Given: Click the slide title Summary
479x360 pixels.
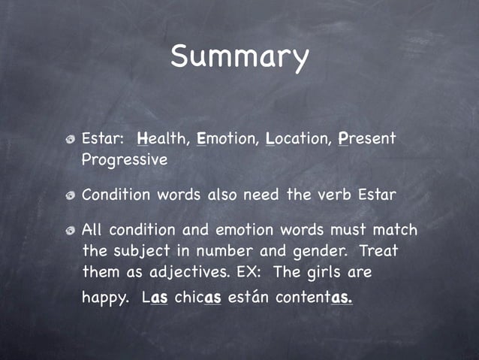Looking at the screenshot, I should (239, 56).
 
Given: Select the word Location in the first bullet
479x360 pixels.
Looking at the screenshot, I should (296, 139).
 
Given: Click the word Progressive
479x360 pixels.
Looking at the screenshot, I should (124, 160).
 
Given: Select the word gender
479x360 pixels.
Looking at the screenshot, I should (318, 250).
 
